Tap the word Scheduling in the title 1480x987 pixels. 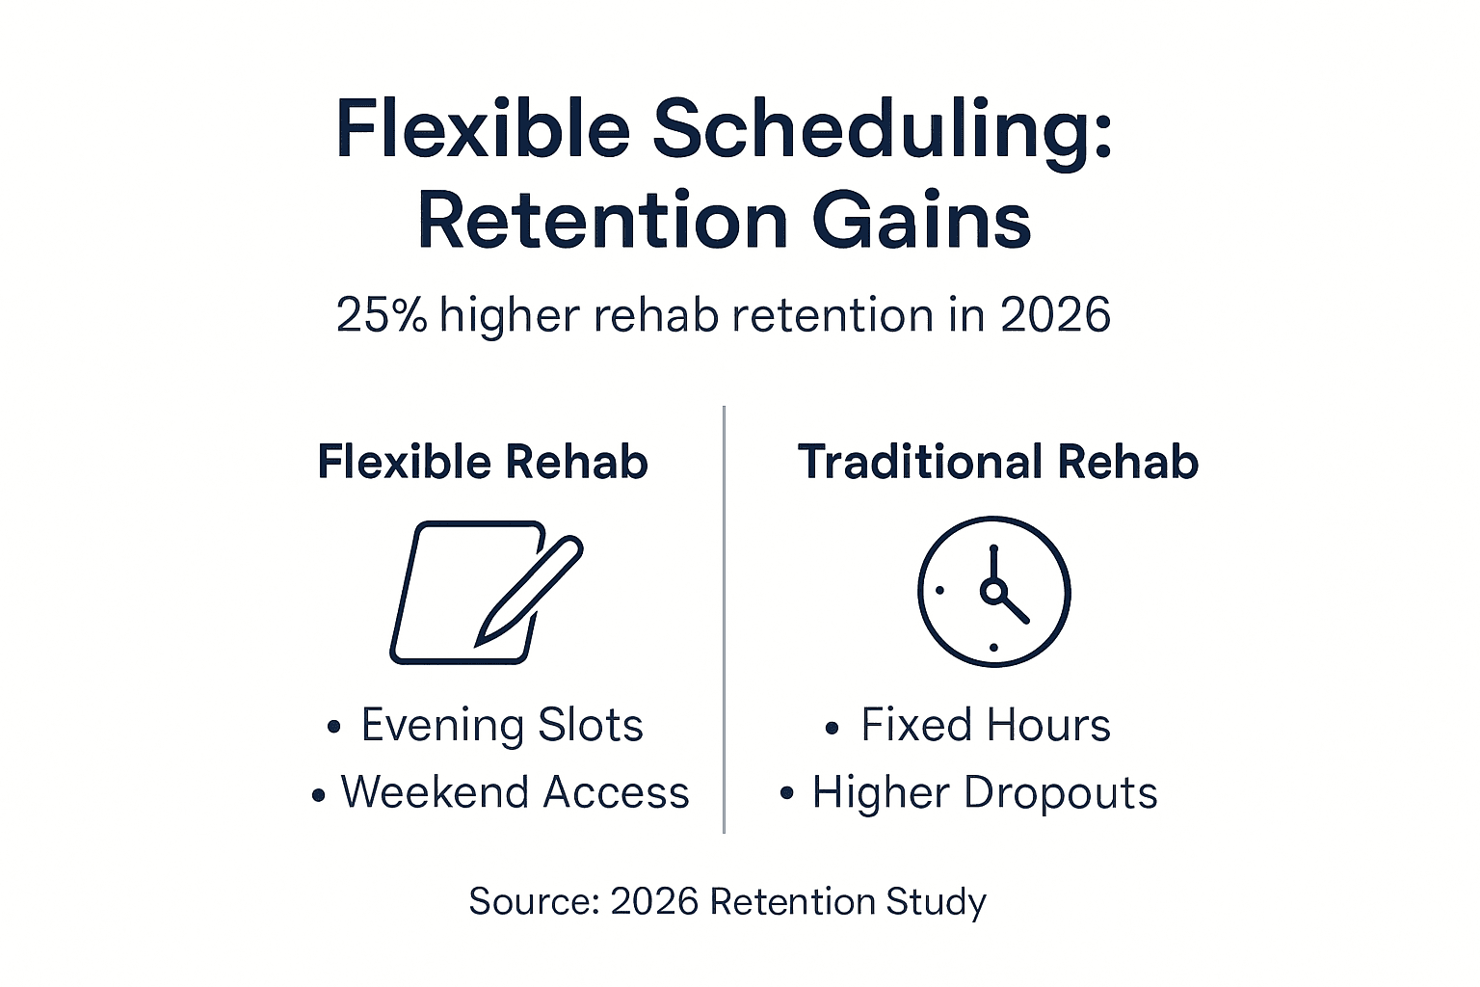[x=883, y=131]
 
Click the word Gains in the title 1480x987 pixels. [x=922, y=222]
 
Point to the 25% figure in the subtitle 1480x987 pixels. [x=382, y=315]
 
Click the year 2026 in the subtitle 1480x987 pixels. [x=1055, y=315]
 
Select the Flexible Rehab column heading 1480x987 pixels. [x=483, y=462]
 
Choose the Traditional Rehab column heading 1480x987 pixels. [x=997, y=462]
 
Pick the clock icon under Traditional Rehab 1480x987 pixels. [x=993, y=592]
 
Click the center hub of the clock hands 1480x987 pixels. [x=992, y=590]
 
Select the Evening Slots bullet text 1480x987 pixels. [x=501, y=725]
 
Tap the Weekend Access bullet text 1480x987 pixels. [x=515, y=792]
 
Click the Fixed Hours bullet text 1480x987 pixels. [x=985, y=725]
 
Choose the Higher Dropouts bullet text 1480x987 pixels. [x=984, y=792]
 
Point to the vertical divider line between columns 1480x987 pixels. [x=724, y=617]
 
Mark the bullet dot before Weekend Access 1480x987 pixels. [x=319, y=795]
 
